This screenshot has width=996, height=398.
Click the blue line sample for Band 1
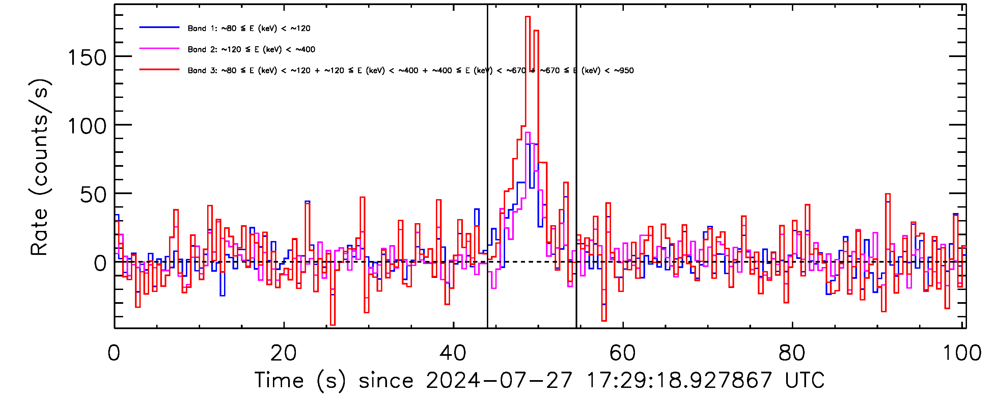click(159, 27)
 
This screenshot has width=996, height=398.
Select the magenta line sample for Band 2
click(159, 49)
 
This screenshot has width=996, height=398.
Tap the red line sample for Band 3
click(159, 70)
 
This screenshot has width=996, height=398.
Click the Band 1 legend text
click(249, 28)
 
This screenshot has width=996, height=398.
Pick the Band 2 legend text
click(251, 50)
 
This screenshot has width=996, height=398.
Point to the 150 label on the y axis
click(87, 58)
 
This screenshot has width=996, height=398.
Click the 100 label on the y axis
click(87, 127)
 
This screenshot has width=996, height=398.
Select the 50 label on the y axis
click(93, 195)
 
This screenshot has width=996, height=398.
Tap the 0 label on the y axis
click(100, 264)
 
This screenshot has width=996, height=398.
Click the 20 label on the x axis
click(283, 353)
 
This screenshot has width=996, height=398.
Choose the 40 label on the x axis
click(453, 353)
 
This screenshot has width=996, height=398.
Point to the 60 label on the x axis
click(622, 353)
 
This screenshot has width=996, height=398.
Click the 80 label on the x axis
click(792, 353)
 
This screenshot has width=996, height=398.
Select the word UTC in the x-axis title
click(805, 380)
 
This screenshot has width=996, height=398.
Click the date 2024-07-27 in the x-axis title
click(499, 380)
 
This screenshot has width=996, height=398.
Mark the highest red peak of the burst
click(528, 17)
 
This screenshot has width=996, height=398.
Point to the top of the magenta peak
click(528, 133)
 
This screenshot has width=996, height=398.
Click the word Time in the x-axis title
click(279, 380)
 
